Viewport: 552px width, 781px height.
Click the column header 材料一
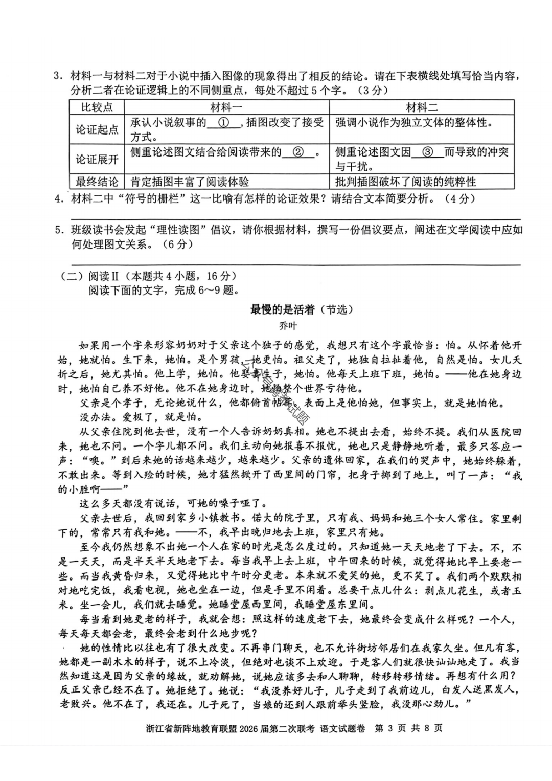click(x=226, y=107)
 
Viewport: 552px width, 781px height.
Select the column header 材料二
click(x=422, y=107)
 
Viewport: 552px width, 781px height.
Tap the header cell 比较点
click(x=97, y=107)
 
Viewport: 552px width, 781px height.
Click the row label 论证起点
click(x=97, y=129)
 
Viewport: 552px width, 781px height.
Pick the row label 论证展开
click(x=97, y=159)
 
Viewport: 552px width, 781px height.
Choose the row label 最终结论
click(x=97, y=182)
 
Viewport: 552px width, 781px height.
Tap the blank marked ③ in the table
click(x=428, y=152)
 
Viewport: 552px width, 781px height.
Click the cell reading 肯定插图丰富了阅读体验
click(x=190, y=182)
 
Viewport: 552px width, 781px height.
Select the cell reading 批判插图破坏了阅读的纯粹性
click(x=405, y=182)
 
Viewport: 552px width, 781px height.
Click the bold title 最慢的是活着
click(x=283, y=309)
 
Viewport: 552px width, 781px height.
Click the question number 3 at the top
click(x=57, y=77)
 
